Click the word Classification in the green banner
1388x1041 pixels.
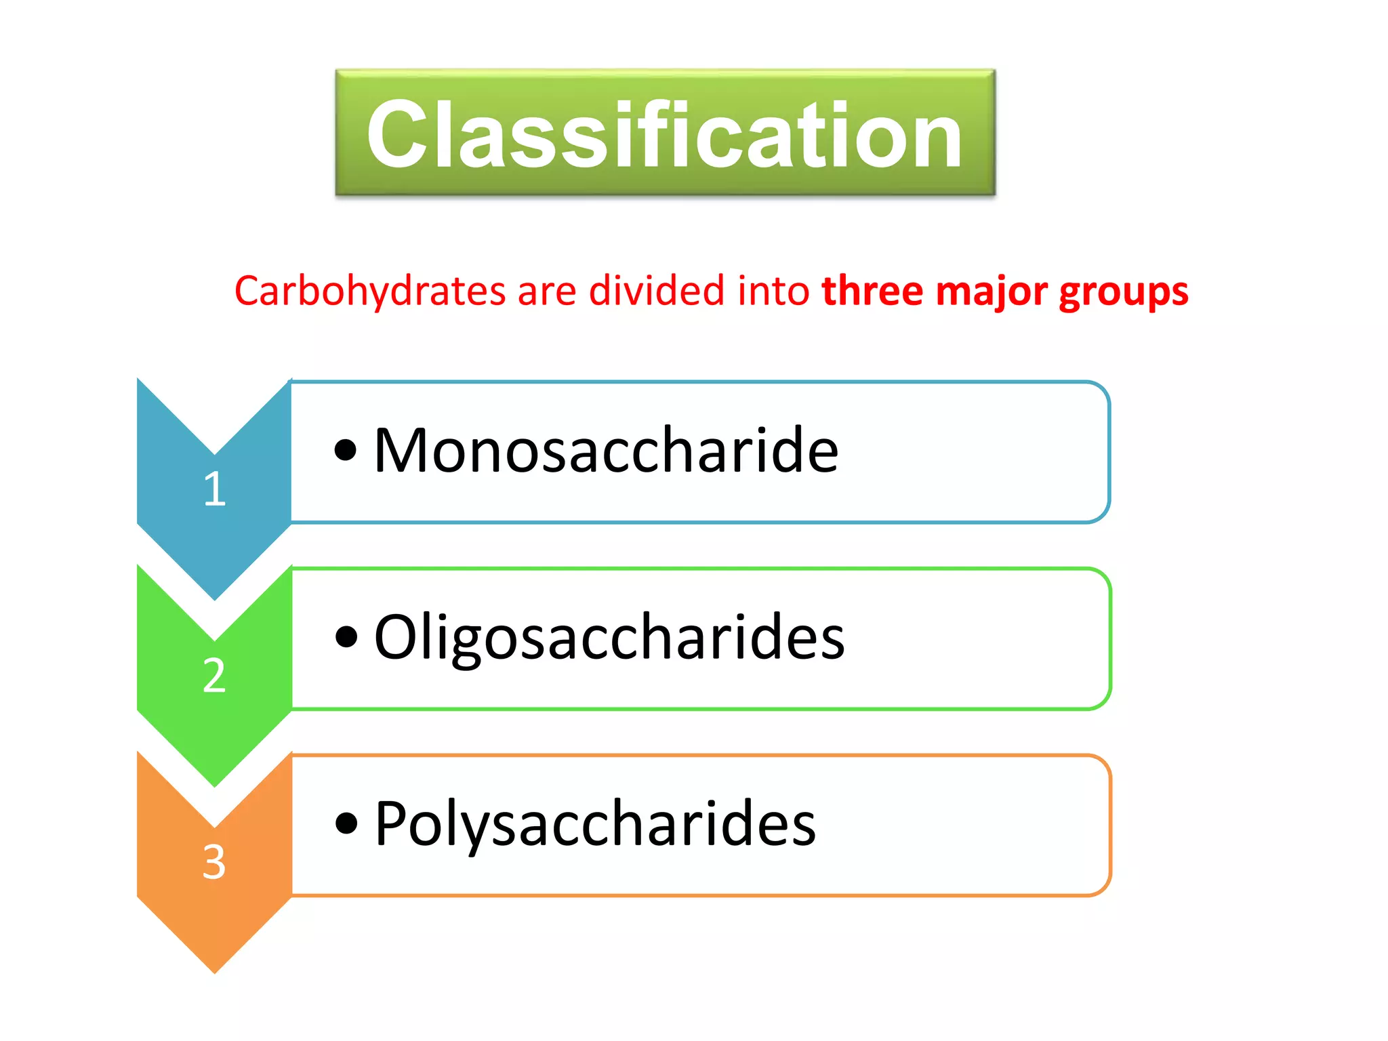(664, 134)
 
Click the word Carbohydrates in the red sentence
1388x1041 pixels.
(370, 291)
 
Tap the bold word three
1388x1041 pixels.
(872, 291)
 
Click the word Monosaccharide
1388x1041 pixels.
(606, 451)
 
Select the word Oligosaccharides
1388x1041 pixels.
(609, 637)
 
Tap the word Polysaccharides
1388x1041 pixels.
(595, 823)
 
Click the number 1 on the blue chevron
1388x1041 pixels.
(214, 489)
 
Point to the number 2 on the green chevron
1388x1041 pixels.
(214, 675)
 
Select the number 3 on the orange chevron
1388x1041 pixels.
(214, 861)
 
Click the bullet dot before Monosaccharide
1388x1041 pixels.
(346, 450)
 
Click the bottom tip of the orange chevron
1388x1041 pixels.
(214, 971)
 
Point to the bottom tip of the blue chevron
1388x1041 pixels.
(214, 597)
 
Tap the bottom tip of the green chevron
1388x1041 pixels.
(214, 783)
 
